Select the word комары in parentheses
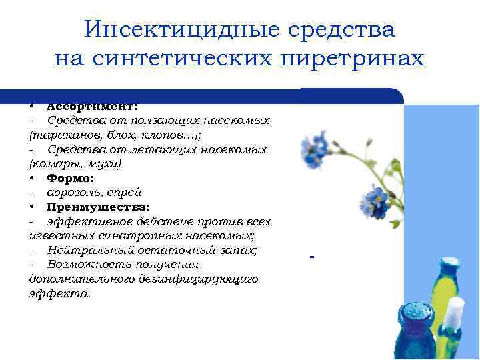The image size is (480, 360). click(53, 163)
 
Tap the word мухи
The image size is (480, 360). click(103, 163)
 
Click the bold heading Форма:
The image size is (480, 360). click(70, 178)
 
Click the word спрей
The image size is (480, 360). click(126, 193)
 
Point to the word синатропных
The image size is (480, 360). click(127, 236)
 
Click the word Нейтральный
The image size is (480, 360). click(87, 251)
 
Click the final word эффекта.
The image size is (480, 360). click(60, 294)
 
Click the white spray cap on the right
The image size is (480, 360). click(455, 312)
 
